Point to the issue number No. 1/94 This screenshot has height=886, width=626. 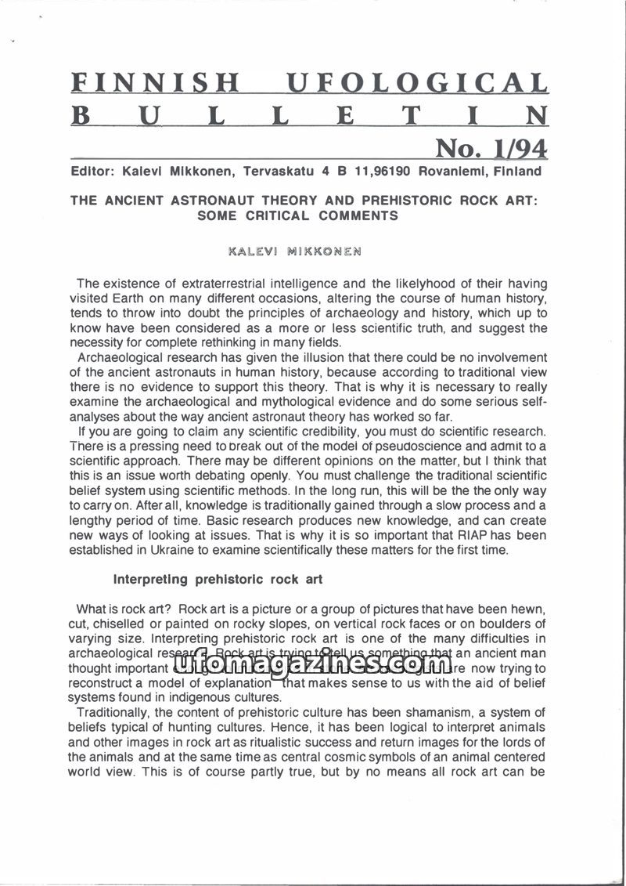(491, 148)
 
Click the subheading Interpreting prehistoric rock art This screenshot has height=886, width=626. (218, 580)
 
